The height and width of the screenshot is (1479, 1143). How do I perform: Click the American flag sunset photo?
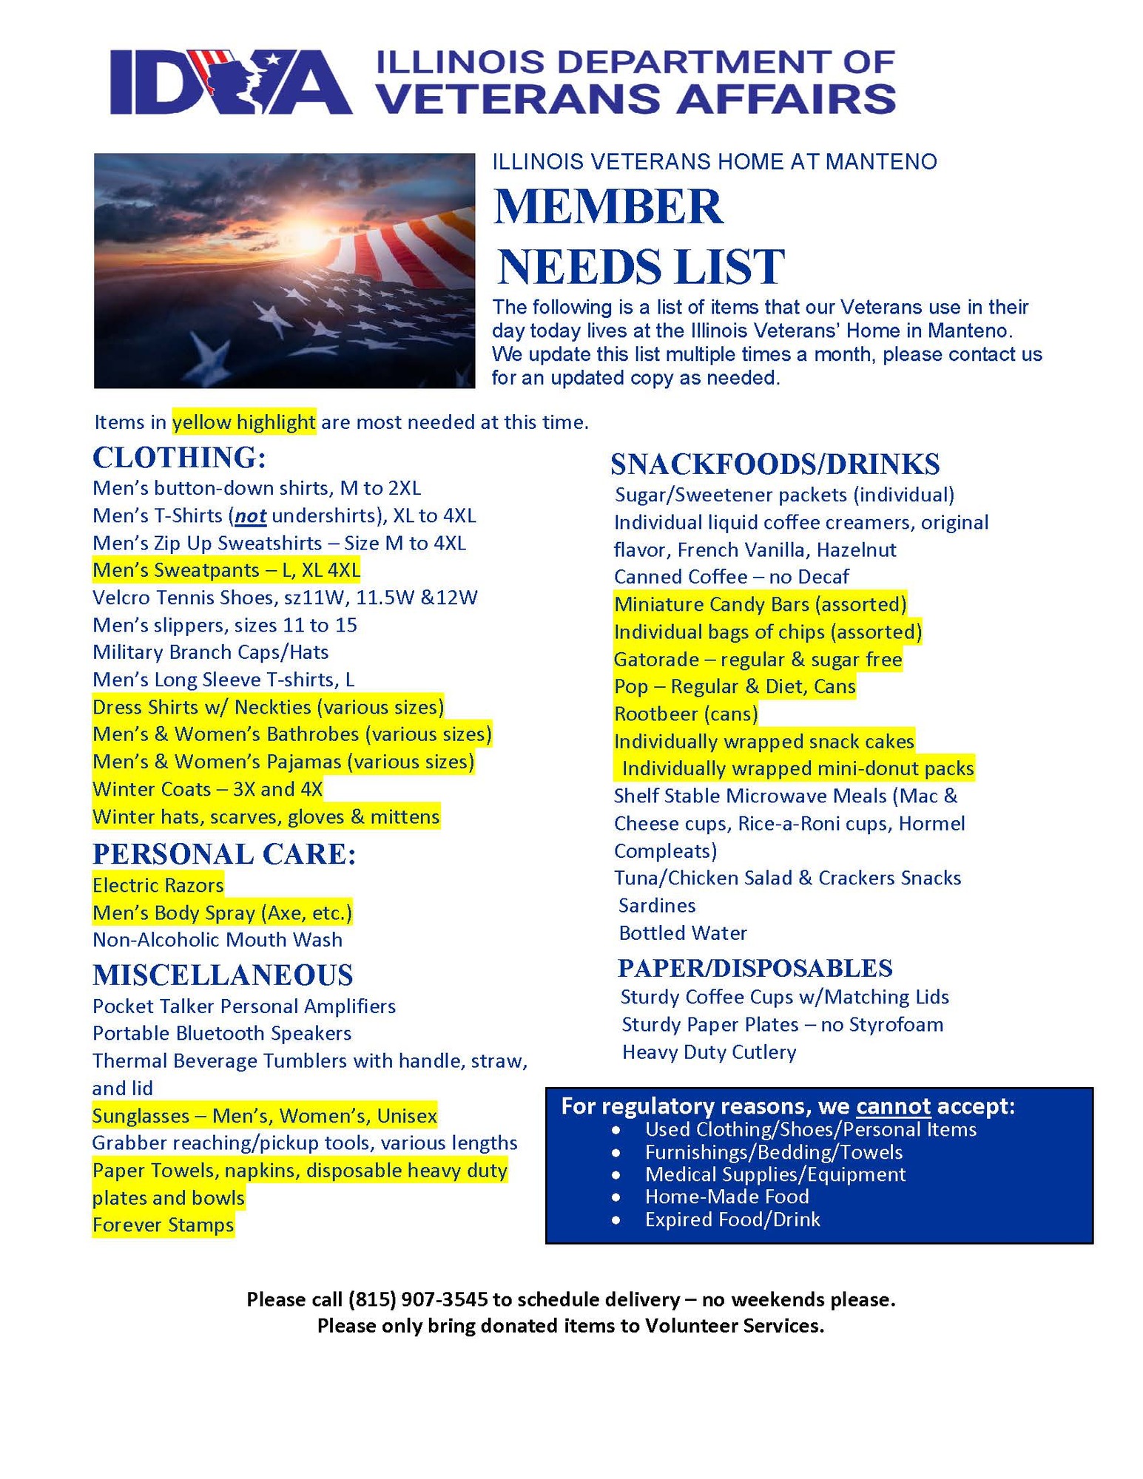pyautogui.click(x=284, y=271)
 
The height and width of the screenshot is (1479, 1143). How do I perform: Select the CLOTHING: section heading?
pyautogui.click(x=178, y=458)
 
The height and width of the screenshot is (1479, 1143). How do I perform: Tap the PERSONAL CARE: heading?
pyautogui.click(x=224, y=854)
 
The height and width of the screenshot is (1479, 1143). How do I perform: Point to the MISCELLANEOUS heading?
pyautogui.click(x=223, y=975)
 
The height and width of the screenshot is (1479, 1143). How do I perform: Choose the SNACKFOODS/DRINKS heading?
pyautogui.click(x=775, y=464)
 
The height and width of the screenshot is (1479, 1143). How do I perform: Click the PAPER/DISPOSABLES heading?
pyautogui.click(x=755, y=968)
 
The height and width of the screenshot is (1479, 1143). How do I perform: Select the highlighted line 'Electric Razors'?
pyautogui.click(x=158, y=885)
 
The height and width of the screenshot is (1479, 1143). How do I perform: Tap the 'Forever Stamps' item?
pyautogui.click(x=163, y=1225)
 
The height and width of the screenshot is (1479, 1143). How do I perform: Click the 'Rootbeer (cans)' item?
pyautogui.click(x=686, y=714)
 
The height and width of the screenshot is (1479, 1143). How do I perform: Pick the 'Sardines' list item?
pyautogui.click(x=657, y=906)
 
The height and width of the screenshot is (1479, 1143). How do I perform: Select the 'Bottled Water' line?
pyautogui.click(x=682, y=933)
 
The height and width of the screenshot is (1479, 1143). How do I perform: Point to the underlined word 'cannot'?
pyautogui.click(x=893, y=1106)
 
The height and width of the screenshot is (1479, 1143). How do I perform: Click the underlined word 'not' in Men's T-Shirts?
pyautogui.click(x=251, y=515)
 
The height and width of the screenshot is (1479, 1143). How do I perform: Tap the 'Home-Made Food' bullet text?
pyautogui.click(x=726, y=1197)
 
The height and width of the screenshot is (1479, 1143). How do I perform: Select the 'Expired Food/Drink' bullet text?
pyautogui.click(x=732, y=1219)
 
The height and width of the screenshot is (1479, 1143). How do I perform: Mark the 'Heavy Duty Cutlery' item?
pyautogui.click(x=709, y=1052)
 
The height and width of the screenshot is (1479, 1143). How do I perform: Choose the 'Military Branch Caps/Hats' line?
pyautogui.click(x=210, y=652)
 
